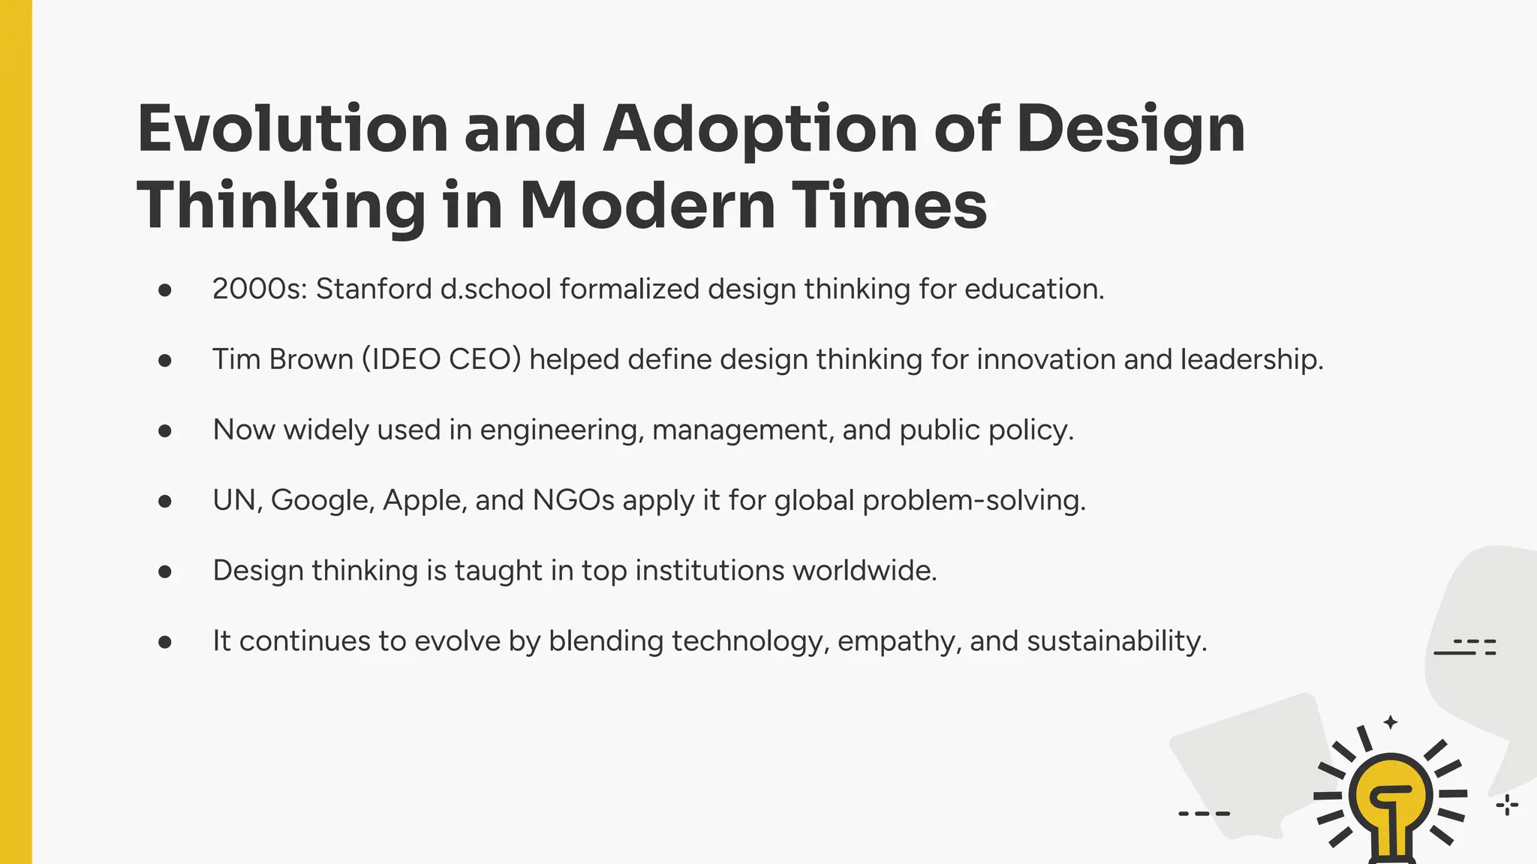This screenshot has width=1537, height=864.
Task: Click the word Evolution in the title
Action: [293, 129]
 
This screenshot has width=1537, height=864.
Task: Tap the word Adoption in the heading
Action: [760, 129]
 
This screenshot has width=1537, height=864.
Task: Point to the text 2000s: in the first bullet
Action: [260, 289]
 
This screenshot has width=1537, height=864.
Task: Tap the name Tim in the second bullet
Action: [236, 359]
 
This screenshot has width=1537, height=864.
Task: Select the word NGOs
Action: [573, 500]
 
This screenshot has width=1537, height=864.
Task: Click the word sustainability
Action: [1117, 641]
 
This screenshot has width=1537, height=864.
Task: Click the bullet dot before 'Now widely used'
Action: [165, 430]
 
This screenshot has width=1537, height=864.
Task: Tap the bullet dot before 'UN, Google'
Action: [165, 501]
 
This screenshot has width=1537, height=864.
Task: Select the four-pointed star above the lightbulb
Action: [1391, 722]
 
